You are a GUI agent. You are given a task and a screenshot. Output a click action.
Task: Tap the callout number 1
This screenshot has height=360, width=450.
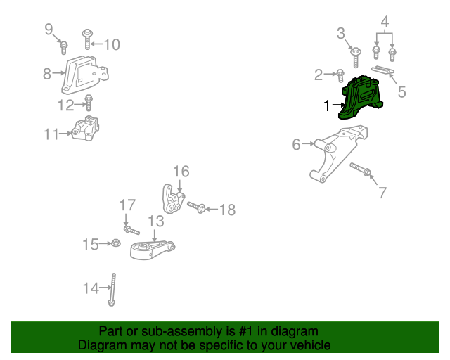tap(327, 105)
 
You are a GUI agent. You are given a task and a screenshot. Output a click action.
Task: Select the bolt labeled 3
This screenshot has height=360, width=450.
tap(356, 58)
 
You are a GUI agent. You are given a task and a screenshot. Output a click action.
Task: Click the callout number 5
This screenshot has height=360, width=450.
tap(401, 92)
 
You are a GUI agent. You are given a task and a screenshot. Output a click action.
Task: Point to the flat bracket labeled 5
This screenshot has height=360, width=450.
tap(382, 70)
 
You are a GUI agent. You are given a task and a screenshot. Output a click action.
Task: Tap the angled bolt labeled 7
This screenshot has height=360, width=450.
tap(361, 169)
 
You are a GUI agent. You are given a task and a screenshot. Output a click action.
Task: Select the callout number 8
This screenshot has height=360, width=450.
tap(47, 74)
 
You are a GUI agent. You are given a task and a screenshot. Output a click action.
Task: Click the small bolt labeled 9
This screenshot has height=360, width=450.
tap(64, 48)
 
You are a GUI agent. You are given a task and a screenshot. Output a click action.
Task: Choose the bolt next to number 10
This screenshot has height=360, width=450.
tap(87, 39)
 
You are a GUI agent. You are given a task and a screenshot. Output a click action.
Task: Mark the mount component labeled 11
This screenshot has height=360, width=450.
tap(86, 129)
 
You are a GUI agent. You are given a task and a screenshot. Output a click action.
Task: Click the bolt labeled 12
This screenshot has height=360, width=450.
tap(89, 103)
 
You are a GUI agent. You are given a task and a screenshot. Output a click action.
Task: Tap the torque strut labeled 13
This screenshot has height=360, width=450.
tap(152, 250)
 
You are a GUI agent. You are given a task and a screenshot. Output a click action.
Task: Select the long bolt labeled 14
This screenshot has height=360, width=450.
tap(112, 290)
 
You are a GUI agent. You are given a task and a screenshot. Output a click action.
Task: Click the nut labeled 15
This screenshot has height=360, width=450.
tap(115, 243)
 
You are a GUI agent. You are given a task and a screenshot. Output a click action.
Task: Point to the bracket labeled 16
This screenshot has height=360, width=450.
tap(173, 199)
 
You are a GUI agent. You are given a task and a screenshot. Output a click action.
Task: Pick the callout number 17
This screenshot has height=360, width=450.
tap(127, 205)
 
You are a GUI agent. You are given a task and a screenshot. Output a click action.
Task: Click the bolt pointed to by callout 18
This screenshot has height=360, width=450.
tap(196, 207)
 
